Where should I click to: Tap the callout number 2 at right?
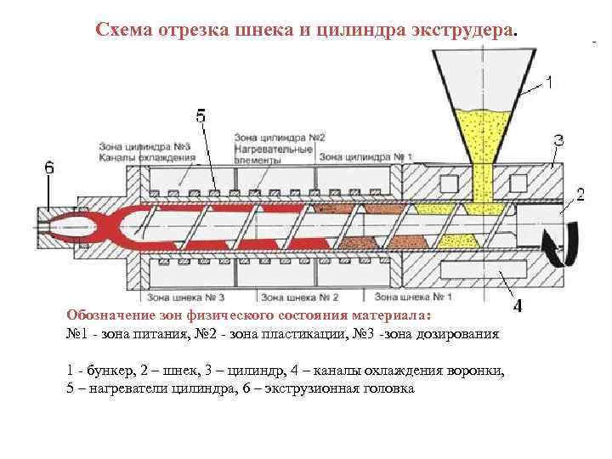581,195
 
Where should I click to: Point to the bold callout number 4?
518,304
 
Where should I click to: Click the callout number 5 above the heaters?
201,117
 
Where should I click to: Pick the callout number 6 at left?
49,168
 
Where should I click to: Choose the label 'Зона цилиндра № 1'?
365,156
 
